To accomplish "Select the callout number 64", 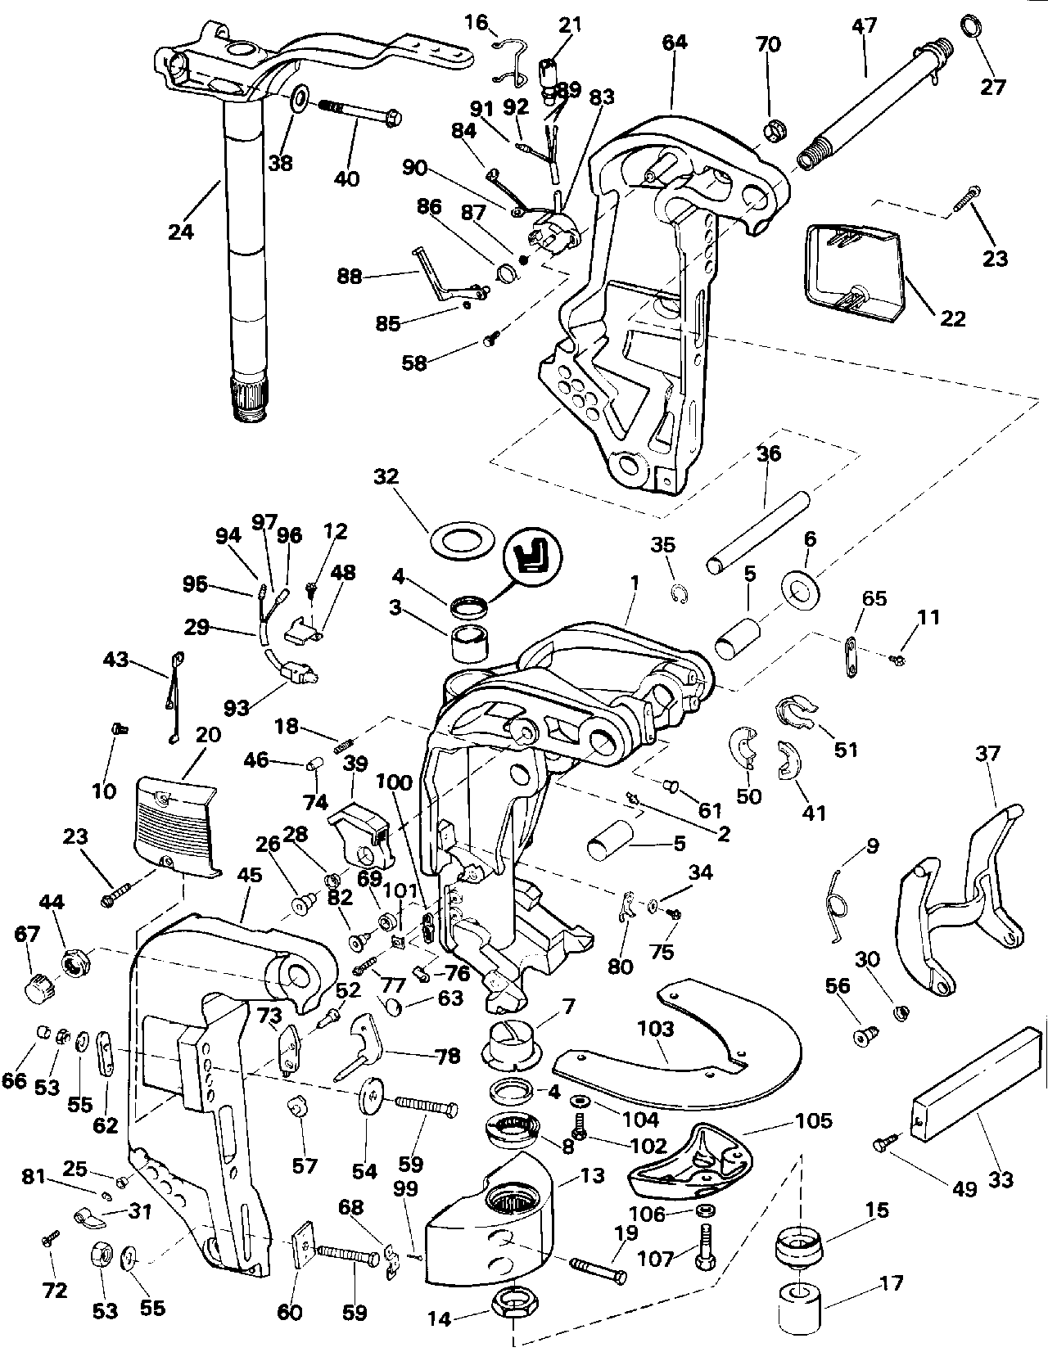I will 675,43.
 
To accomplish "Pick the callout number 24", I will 181,232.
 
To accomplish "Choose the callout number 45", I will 249,876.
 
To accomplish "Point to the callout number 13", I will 592,1175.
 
